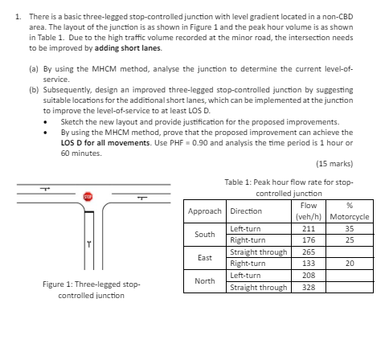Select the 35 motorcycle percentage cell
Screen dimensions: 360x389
(x=350, y=228)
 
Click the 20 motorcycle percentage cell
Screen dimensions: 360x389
(x=350, y=263)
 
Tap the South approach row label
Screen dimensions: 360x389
(x=205, y=234)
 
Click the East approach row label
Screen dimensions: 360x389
(x=205, y=257)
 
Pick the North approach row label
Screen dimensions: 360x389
(x=205, y=281)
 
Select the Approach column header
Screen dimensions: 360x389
(x=206, y=211)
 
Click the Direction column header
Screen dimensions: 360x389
(x=245, y=211)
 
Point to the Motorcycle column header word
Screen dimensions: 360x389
(x=350, y=217)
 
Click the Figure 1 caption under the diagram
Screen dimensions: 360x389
(x=91, y=290)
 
